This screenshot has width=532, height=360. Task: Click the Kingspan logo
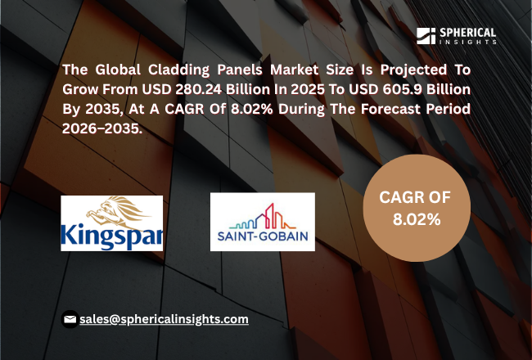pyautogui.click(x=111, y=223)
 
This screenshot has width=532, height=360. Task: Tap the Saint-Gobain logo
pyautogui.click(x=262, y=222)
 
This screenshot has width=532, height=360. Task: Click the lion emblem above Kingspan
pyautogui.click(x=115, y=211)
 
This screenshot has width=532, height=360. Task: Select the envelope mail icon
pyautogui.click(x=70, y=319)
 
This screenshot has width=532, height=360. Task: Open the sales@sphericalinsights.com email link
pyautogui.click(x=164, y=319)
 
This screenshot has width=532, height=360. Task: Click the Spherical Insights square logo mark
pyautogui.click(x=426, y=36)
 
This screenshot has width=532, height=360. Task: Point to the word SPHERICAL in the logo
pyautogui.click(x=467, y=33)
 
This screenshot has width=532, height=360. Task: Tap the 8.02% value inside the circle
pyautogui.click(x=417, y=220)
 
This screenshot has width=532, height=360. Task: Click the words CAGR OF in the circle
pyautogui.click(x=415, y=197)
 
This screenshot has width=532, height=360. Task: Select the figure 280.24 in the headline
pyautogui.click(x=199, y=89)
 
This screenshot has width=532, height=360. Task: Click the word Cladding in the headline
pyautogui.click(x=178, y=70)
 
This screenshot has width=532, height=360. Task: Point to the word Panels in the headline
pyautogui.click(x=240, y=70)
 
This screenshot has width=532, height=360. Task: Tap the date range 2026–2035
pyautogui.click(x=102, y=128)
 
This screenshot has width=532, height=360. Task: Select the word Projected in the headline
pyautogui.click(x=413, y=70)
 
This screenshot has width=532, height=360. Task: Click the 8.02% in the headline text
pyautogui.click(x=252, y=109)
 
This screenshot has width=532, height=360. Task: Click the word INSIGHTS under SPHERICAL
pyautogui.click(x=468, y=42)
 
